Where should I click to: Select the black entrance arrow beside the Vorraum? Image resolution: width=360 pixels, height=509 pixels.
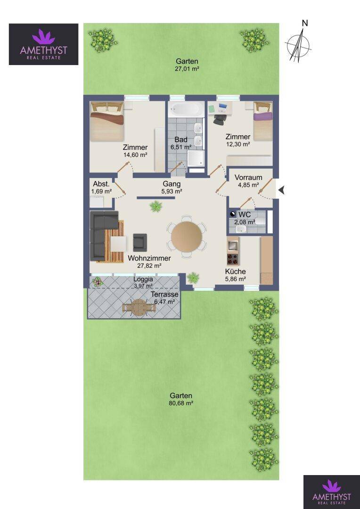pos(281,190)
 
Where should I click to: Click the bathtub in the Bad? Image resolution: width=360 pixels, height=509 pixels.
pos(186,109)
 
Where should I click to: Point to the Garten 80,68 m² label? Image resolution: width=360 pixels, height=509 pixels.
pos(181,399)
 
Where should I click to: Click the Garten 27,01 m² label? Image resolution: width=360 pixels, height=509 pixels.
pos(187,65)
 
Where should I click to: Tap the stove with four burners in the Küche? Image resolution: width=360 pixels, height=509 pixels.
pos(233,259)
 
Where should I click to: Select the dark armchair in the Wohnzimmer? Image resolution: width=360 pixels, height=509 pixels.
pos(140,243)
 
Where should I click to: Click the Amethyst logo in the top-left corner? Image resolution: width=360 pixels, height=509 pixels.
pos(43,44)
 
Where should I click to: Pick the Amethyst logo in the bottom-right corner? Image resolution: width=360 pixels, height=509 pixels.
pos(331,492)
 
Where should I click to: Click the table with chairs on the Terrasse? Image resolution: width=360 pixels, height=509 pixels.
pos(139,307)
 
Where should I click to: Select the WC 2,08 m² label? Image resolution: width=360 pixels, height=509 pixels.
pos(245,218)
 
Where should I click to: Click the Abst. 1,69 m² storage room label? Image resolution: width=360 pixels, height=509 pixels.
pos(102,187)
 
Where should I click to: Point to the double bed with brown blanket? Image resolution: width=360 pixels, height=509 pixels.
pos(107,121)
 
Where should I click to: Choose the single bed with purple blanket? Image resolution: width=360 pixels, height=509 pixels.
pos(262,121)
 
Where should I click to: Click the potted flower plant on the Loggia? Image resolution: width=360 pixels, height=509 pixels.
pos(98,282)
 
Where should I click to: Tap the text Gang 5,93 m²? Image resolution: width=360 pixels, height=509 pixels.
pos(172,188)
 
